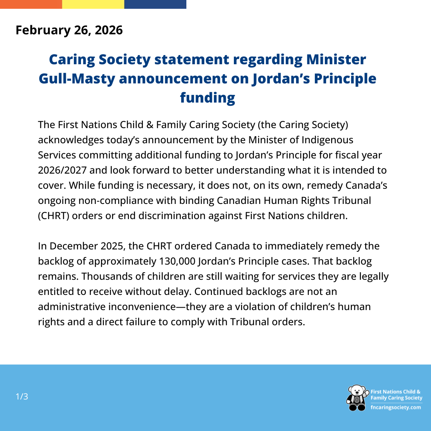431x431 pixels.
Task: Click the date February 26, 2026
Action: pos(69,30)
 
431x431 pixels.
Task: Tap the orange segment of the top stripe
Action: pos(31,4)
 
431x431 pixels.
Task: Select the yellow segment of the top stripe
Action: pos(93,4)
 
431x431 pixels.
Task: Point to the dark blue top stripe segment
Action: pos(155,4)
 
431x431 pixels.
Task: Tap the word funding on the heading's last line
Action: pos(208,98)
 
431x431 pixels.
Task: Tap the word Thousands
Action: pos(107,276)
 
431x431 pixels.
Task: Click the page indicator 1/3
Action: pos(22,397)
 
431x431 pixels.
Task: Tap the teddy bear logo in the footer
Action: pos(357,397)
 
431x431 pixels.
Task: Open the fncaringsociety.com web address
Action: pos(396,407)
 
